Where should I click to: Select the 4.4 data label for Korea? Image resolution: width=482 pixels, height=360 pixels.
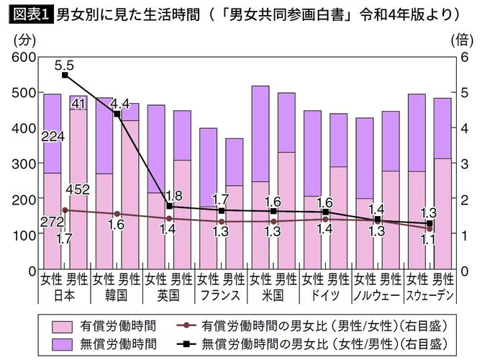pos(119,102)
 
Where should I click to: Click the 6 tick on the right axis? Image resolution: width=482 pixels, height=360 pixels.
pos(465,57)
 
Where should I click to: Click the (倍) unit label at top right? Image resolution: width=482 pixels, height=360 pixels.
pos(462,40)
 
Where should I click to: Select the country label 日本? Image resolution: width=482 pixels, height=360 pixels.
pos(64,294)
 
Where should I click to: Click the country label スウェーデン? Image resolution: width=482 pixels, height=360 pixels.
pos(429,294)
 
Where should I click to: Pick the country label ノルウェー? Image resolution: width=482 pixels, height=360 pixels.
pos(377,294)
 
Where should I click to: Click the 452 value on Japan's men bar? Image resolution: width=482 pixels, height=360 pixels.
pos(77,189)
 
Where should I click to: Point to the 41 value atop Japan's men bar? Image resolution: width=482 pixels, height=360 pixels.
pos(78,104)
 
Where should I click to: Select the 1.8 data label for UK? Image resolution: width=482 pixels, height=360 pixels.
pos(172,196)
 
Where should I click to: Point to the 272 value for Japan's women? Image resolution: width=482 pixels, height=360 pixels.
pos(52,222)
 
